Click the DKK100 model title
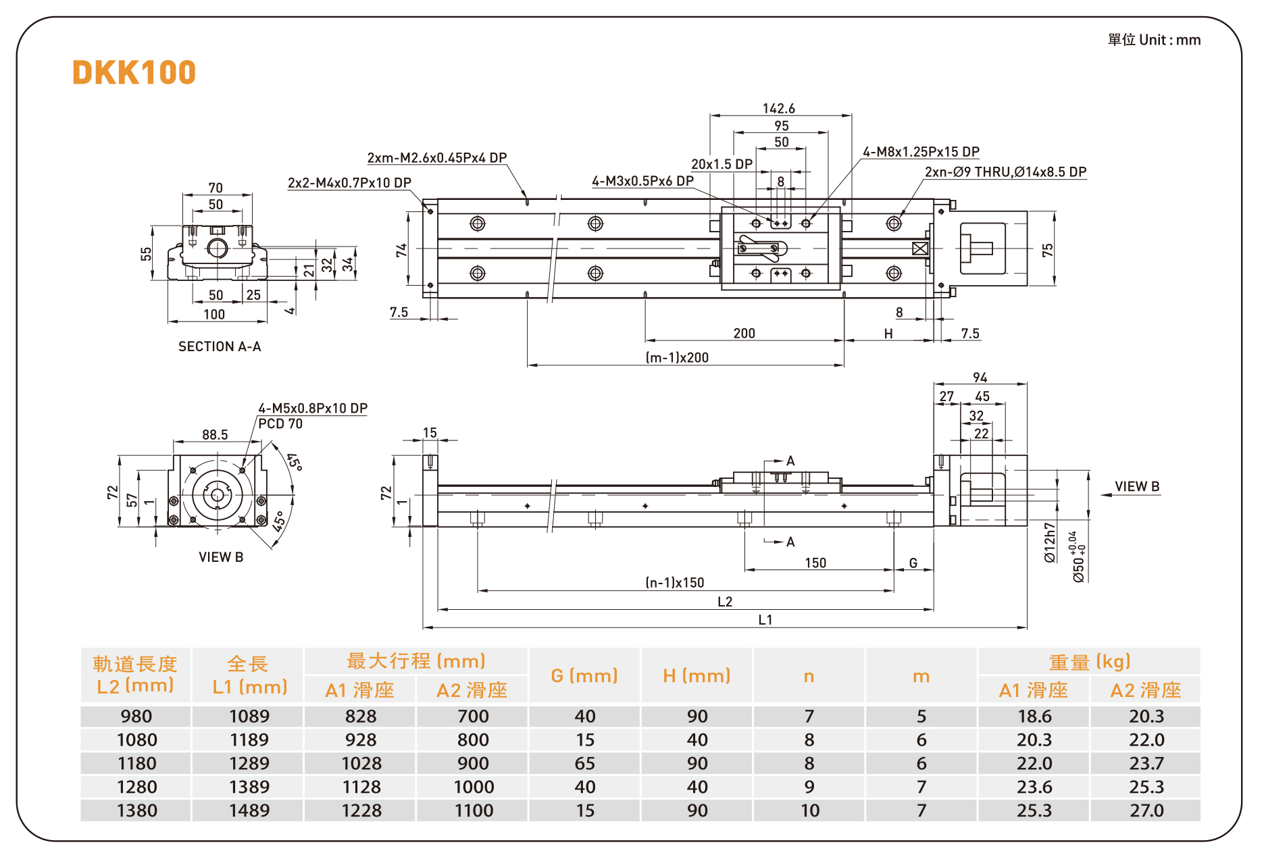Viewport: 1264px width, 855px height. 134,73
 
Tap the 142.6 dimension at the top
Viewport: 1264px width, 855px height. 778,109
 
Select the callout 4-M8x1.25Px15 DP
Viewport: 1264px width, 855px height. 921,152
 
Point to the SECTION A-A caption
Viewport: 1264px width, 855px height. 220,346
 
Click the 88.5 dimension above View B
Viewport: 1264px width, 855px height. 215,435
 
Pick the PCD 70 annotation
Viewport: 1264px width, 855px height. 280,424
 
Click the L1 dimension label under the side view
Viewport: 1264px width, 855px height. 765,620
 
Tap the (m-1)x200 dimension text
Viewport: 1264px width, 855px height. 677,358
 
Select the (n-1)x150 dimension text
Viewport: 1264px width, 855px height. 674,583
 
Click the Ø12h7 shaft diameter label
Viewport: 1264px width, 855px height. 1049,542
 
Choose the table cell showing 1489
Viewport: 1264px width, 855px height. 249,810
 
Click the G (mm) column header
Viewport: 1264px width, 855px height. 584,676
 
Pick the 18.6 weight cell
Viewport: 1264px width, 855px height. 1034,717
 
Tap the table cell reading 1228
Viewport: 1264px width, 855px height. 361,810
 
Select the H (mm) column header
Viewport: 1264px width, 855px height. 697,676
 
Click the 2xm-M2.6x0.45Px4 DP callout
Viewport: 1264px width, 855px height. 436,158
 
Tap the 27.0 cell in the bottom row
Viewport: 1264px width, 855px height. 1146,810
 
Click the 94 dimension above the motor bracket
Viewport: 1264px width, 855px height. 980,378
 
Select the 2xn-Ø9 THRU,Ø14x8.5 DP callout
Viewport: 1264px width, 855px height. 1005,172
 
